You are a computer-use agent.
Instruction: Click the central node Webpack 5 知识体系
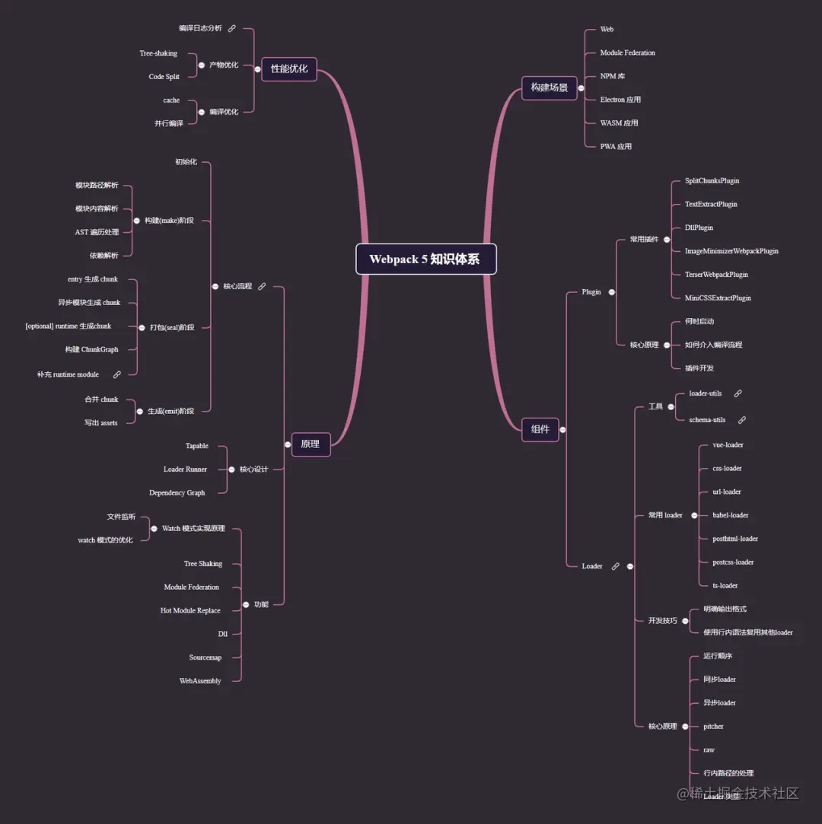[425, 259]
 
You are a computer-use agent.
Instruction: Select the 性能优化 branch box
[289, 68]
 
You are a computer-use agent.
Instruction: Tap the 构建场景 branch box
[550, 87]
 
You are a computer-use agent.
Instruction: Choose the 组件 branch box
[540, 429]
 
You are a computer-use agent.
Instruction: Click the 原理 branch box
[311, 444]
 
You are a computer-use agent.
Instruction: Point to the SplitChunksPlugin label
[712, 181]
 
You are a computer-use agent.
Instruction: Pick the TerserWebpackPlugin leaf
[716, 275]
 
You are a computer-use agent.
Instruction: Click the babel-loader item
[731, 515]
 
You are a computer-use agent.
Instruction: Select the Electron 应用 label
[620, 100]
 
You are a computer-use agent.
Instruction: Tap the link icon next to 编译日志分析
[232, 28]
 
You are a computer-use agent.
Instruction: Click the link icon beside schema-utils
[742, 420]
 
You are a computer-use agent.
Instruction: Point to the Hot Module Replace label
[190, 610]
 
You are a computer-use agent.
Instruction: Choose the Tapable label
[197, 446]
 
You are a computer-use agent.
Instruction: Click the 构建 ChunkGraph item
[91, 350]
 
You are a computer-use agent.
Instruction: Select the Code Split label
[164, 77]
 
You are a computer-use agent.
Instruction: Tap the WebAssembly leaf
[200, 681]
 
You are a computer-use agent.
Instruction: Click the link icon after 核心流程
[262, 287]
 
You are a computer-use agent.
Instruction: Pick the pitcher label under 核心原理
[713, 727]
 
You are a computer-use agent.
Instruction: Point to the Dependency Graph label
[177, 493]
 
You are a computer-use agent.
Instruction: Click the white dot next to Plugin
[611, 292]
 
